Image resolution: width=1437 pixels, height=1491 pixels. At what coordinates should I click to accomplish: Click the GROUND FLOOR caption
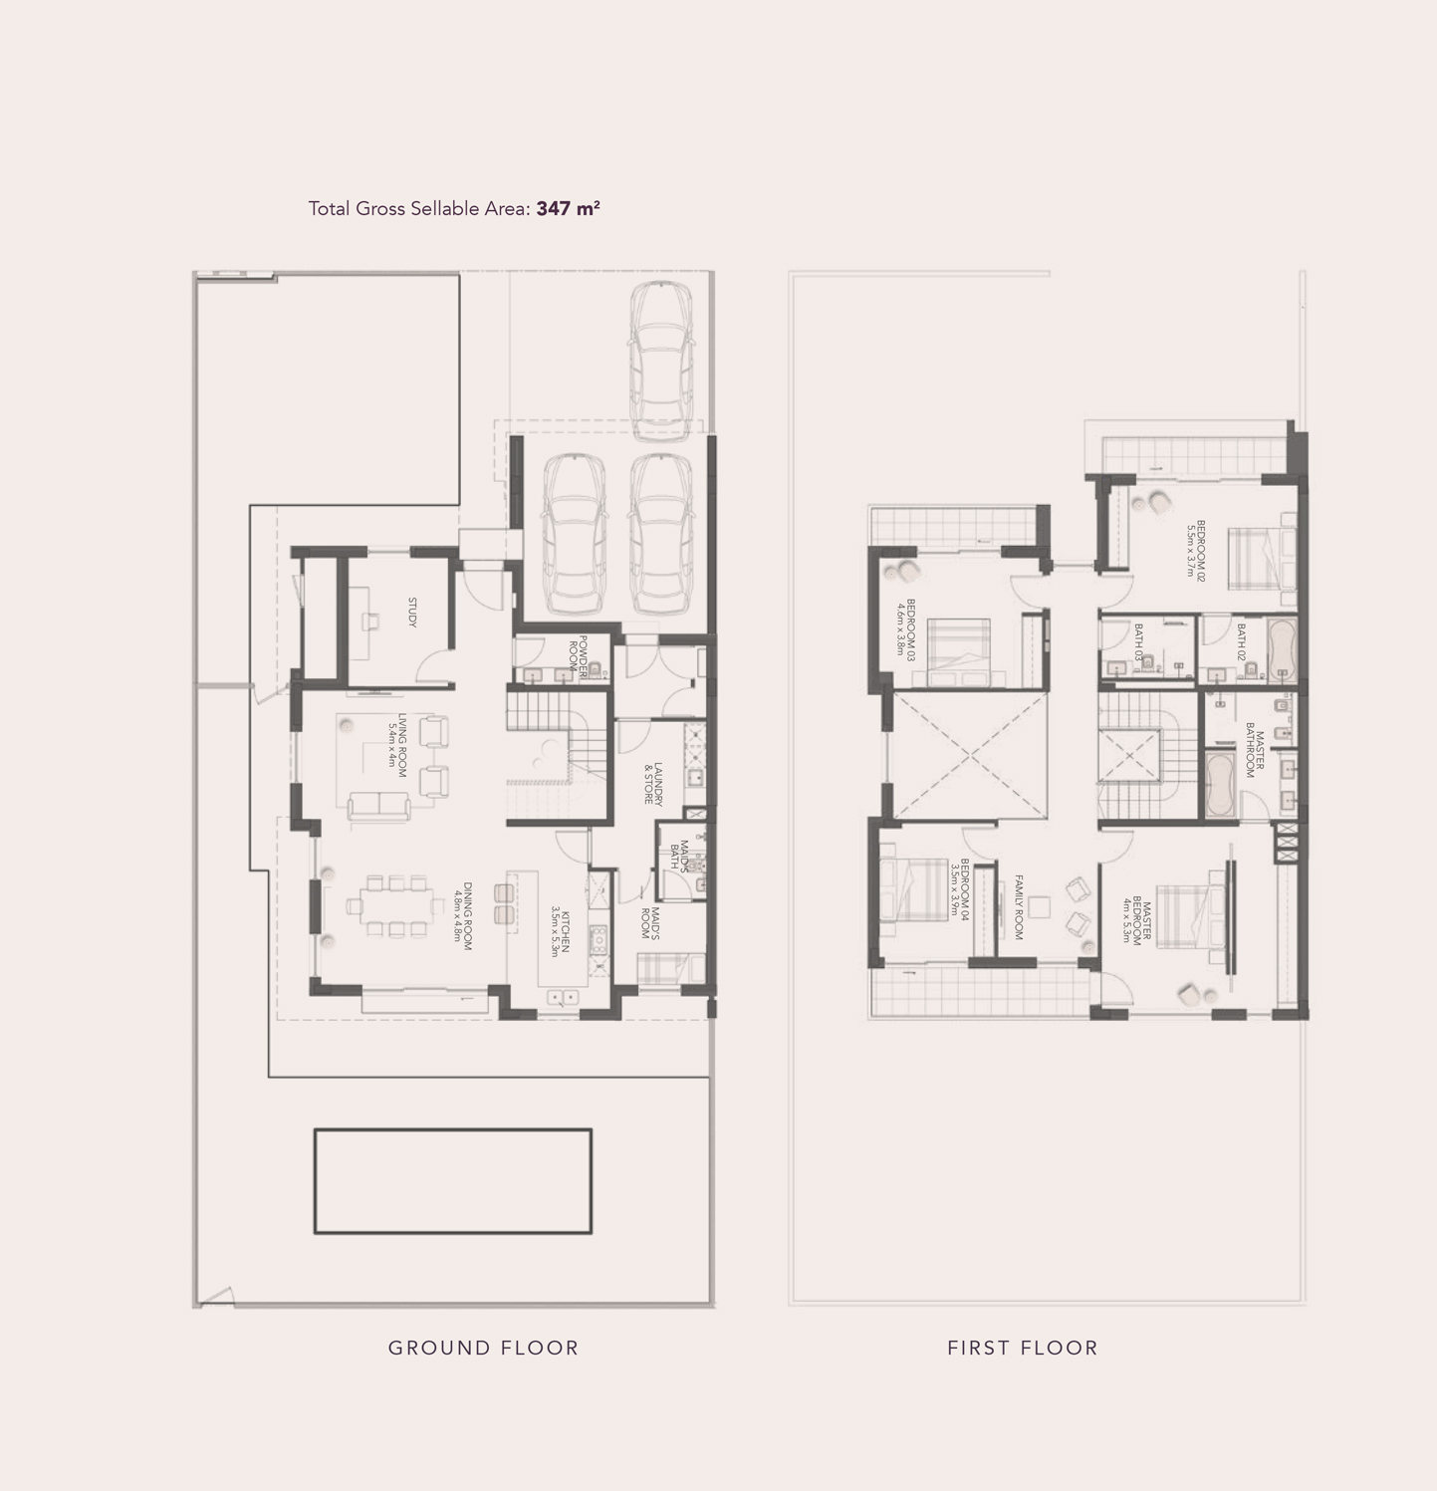[483, 1348]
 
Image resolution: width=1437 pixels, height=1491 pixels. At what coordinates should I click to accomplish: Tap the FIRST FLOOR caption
[1022, 1348]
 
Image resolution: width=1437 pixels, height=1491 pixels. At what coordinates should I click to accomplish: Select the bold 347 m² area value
[568, 209]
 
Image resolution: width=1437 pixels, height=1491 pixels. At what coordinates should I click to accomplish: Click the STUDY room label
[412, 612]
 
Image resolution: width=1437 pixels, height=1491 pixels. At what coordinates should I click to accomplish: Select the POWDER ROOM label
[578, 655]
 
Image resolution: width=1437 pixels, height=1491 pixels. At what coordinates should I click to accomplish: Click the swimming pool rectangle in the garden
[453, 1181]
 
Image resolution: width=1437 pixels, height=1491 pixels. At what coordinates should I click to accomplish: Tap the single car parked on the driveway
[660, 361]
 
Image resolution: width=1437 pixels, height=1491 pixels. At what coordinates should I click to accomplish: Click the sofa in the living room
[378, 807]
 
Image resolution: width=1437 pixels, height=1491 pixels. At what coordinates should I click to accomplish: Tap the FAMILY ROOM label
[1019, 906]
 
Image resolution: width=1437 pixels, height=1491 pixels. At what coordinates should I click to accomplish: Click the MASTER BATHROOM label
[1255, 754]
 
